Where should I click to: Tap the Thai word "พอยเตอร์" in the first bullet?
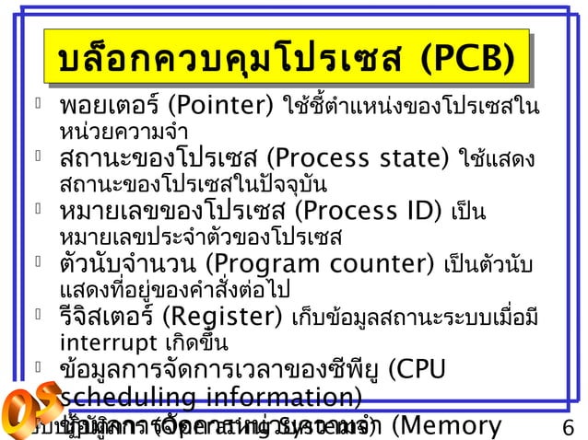coord(110,99)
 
